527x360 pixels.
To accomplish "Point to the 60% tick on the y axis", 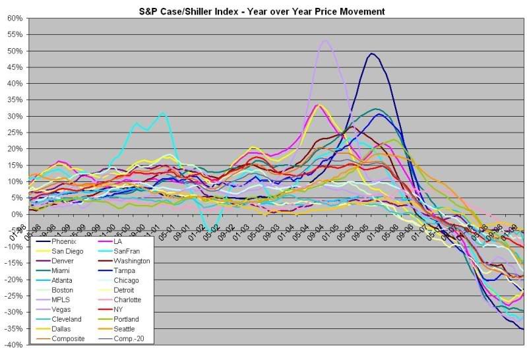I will click(x=15, y=18).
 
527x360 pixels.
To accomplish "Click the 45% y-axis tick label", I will click(x=15, y=67).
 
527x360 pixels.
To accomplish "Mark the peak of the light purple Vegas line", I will click(x=325, y=40).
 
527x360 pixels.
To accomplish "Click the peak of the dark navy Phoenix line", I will click(x=372, y=53).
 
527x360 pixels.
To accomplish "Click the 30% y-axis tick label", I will click(x=15, y=116).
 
